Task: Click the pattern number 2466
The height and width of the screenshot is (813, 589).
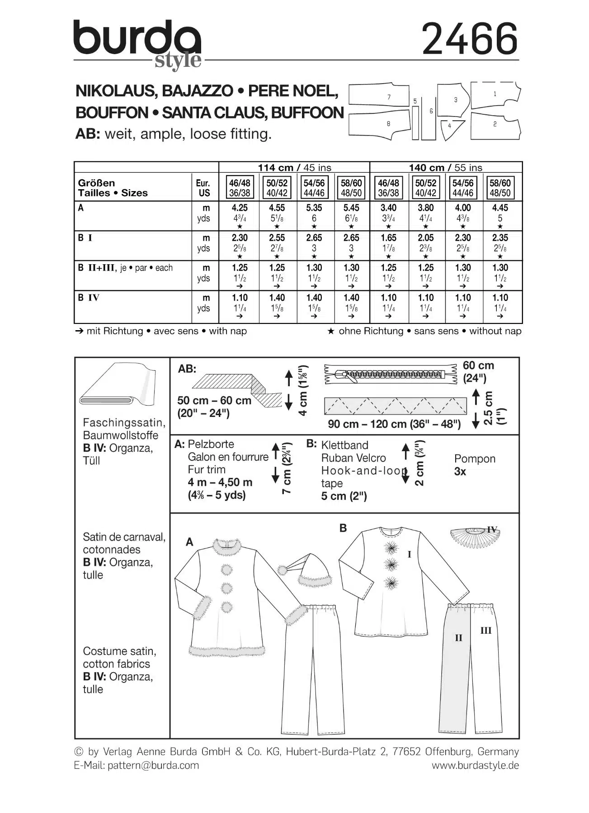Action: pos(470,40)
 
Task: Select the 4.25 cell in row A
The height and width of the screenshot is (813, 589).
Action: pos(239,208)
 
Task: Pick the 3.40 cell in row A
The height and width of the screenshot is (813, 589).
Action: pos(388,208)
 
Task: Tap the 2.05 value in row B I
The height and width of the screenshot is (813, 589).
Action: pos(425,238)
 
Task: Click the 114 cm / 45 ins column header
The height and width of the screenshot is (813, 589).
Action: pos(294,168)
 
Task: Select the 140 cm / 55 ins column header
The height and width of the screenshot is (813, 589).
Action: pos(446,168)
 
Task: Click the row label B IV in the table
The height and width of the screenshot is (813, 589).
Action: pos(89,298)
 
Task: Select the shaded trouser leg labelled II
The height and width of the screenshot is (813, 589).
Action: pos(453,668)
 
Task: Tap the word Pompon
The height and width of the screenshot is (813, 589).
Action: pos(475,458)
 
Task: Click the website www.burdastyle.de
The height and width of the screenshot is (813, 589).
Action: pos(475,765)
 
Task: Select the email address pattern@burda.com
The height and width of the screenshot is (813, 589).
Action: pos(153,765)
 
